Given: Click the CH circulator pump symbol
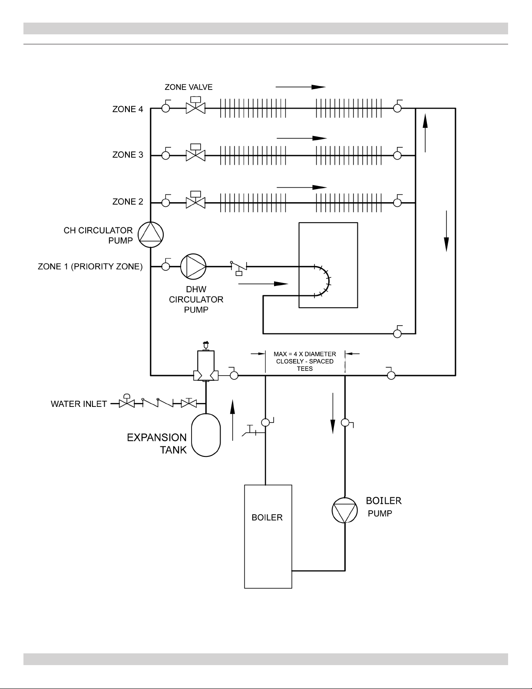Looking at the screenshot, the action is [x=151, y=235].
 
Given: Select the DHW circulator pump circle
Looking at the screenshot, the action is [x=193, y=266].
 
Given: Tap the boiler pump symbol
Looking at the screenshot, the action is [x=344, y=510].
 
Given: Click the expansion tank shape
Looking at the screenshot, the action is [x=206, y=435].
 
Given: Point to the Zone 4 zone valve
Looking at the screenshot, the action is [x=195, y=105].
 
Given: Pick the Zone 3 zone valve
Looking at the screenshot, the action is [x=195, y=153].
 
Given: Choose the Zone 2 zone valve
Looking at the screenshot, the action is [x=195, y=200].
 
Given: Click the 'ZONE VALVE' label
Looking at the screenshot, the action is [x=188, y=87].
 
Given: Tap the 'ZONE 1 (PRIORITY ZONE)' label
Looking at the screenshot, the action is [x=90, y=266].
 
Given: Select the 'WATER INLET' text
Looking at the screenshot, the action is [x=79, y=404].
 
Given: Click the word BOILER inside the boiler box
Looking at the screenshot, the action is [x=267, y=517].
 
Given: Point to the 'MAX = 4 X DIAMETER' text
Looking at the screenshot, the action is [x=304, y=354].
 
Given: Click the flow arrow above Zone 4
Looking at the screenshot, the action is [x=301, y=87].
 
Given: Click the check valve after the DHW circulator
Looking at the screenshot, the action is [x=239, y=267].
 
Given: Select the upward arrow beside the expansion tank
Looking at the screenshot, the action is [x=232, y=420].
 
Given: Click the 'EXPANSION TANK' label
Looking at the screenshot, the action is [x=157, y=443].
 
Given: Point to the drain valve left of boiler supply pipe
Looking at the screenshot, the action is [x=252, y=431].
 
